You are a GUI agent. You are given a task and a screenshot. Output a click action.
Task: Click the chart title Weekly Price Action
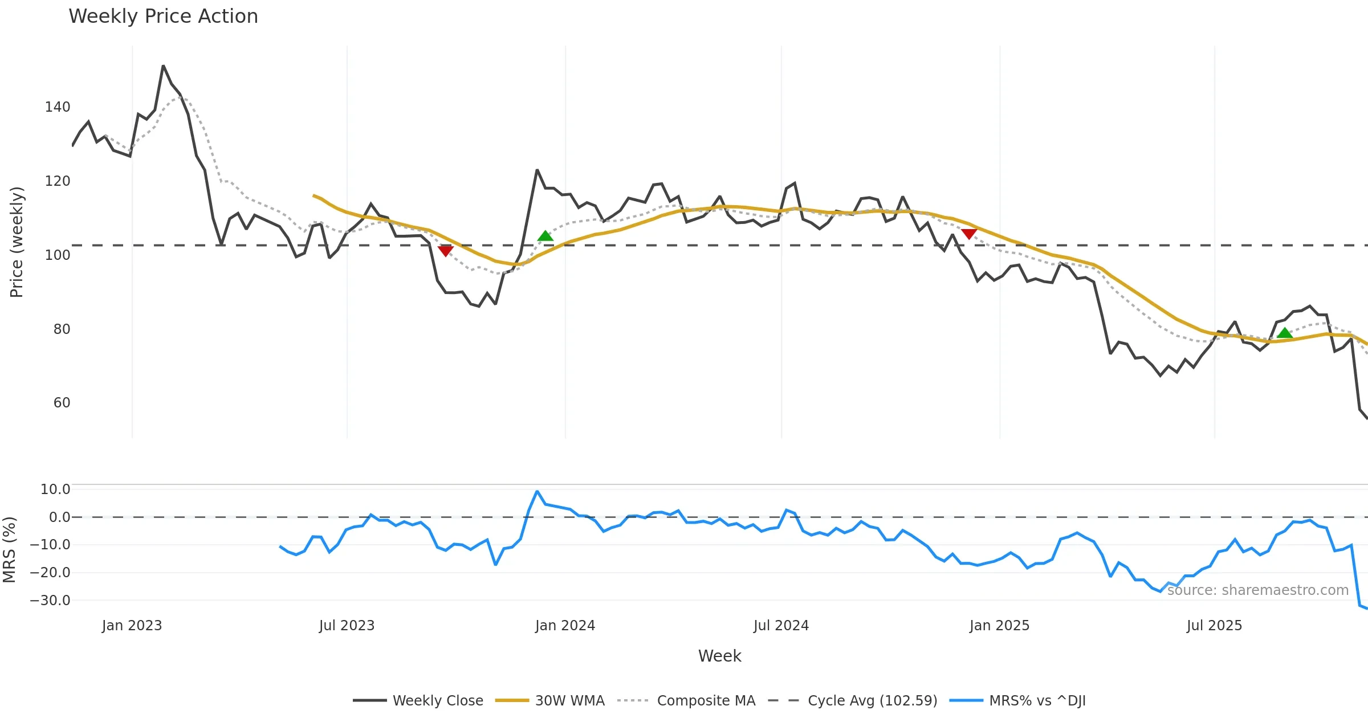(163, 17)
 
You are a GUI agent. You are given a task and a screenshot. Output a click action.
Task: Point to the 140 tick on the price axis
(58, 107)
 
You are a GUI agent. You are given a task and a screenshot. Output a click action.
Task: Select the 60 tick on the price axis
(62, 403)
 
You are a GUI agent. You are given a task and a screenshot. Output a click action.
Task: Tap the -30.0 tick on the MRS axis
(50, 600)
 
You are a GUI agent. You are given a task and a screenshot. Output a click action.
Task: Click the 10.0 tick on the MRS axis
(55, 489)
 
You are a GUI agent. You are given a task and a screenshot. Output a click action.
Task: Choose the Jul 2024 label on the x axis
(781, 626)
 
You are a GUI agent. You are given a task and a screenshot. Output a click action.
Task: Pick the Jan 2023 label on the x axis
(132, 626)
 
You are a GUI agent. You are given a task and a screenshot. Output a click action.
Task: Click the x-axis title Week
(719, 656)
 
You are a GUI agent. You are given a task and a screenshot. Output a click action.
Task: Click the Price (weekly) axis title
(17, 242)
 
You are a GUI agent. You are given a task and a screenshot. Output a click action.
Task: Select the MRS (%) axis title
(9, 549)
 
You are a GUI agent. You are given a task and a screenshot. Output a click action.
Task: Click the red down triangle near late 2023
(446, 251)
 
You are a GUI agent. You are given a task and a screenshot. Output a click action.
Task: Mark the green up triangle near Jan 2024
(545, 236)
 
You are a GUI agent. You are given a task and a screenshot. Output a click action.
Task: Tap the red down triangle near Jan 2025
(969, 234)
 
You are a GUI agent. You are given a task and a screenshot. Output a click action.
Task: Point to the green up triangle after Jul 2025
(1285, 333)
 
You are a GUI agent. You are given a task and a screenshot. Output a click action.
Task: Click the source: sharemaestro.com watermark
(1257, 590)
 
